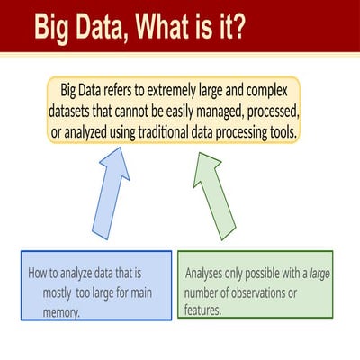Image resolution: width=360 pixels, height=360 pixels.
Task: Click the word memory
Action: [x=61, y=312]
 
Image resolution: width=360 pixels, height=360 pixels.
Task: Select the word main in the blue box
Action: [x=142, y=292]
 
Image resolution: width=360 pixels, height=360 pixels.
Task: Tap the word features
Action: [x=202, y=310]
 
